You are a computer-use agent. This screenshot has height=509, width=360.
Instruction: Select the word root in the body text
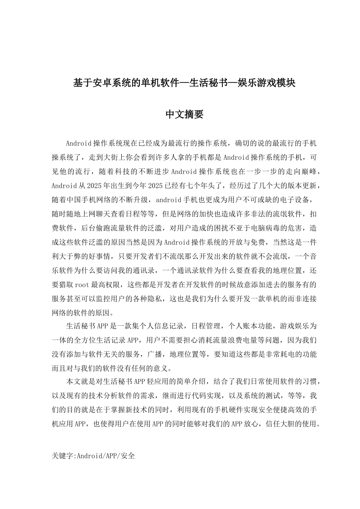click(81, 284)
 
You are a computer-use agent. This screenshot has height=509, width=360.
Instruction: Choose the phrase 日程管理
click(207, 326)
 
